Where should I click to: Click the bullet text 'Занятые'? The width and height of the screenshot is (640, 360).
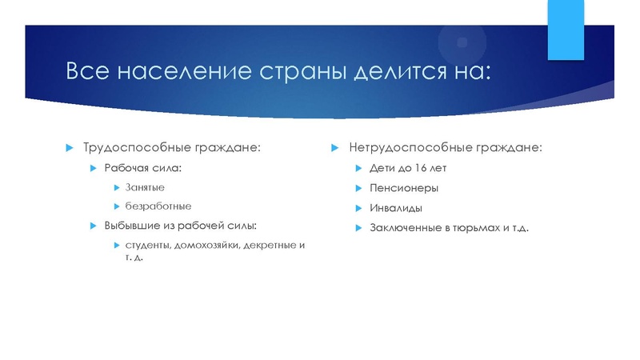(x=145, y=186)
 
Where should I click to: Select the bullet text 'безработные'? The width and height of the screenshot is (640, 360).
(x=158, y=206)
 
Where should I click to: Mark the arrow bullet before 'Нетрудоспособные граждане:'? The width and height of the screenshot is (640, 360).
(x=336, y=148)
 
